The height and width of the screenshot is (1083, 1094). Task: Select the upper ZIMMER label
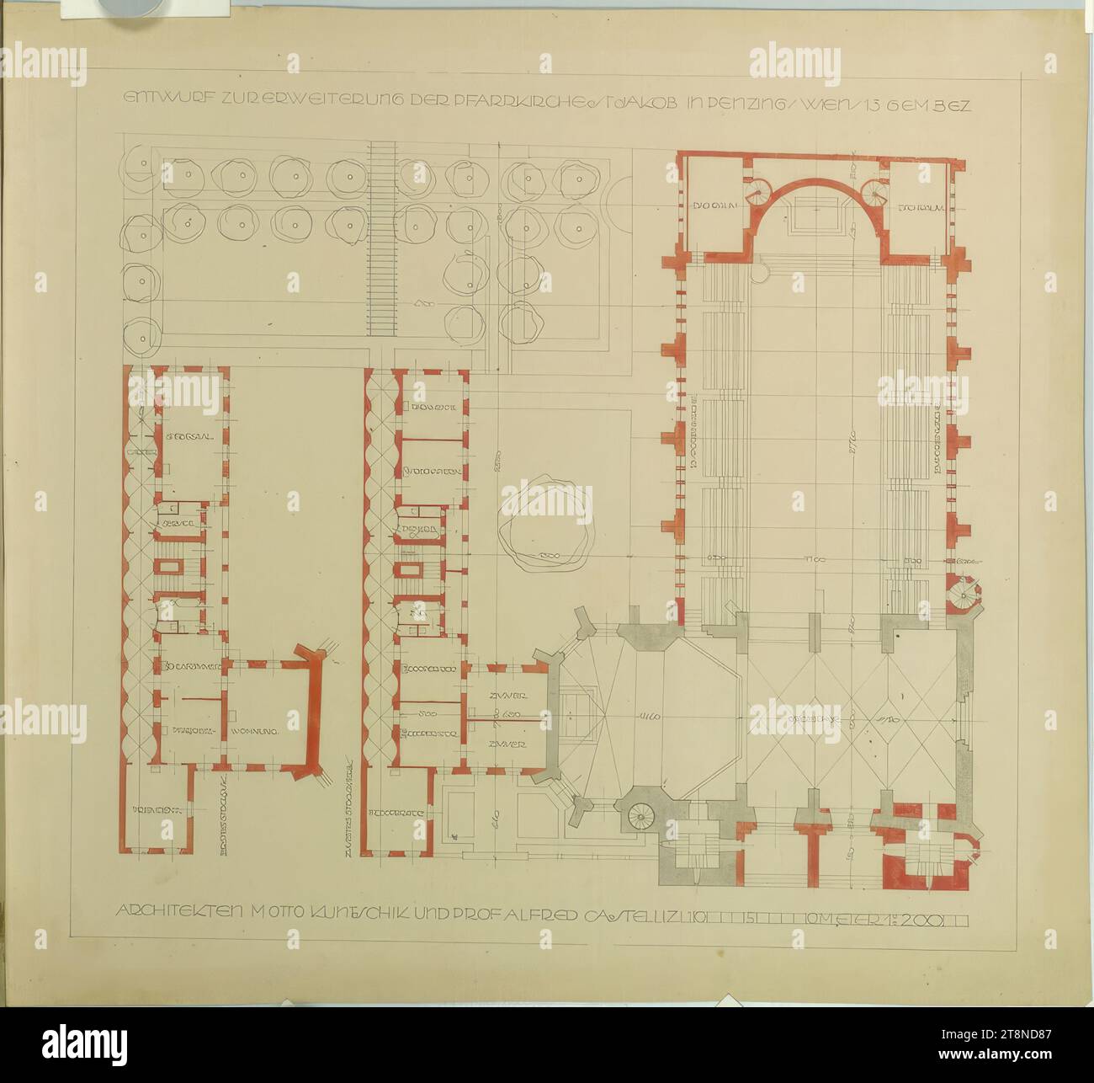(x=507, y=696)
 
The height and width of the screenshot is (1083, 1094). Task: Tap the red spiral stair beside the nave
(x=962, y=596)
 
